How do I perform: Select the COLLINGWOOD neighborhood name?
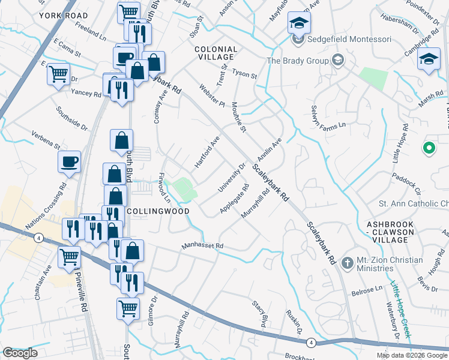pos(158,211)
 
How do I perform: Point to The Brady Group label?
pos(298,61)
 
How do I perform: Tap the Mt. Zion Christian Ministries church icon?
pos(346,262)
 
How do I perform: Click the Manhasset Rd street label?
pos(203,246)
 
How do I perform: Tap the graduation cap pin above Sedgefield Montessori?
pos(297,23)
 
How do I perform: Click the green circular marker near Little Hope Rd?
pos(429,147)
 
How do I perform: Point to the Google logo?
pos(20,353)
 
